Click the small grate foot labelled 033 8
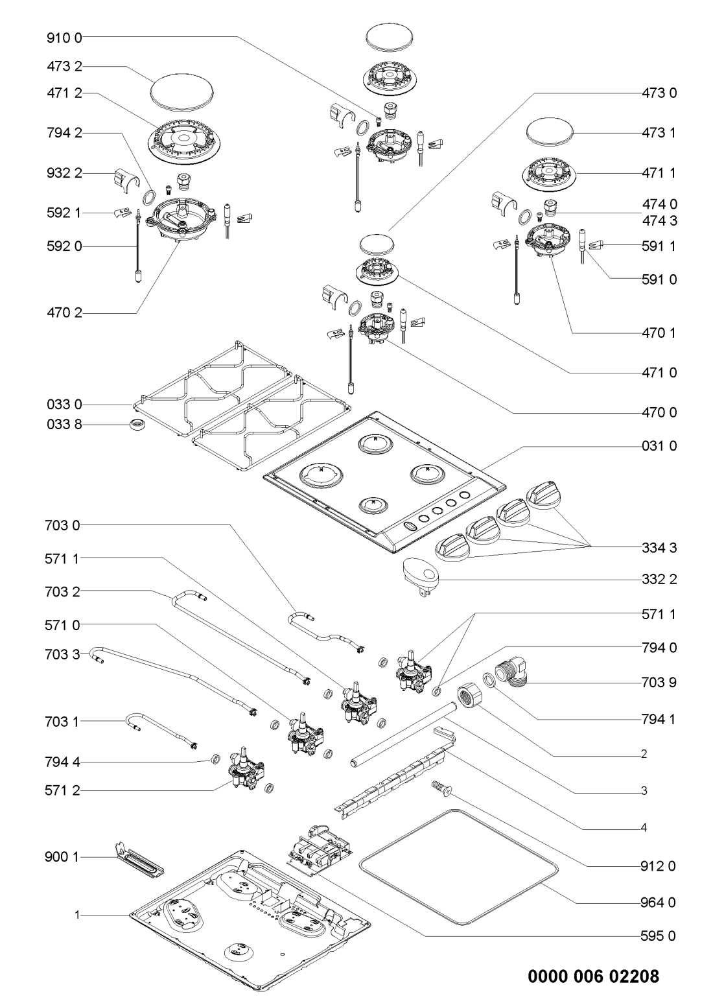(x=137, y=425)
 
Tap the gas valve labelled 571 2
(x=246, y=774)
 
